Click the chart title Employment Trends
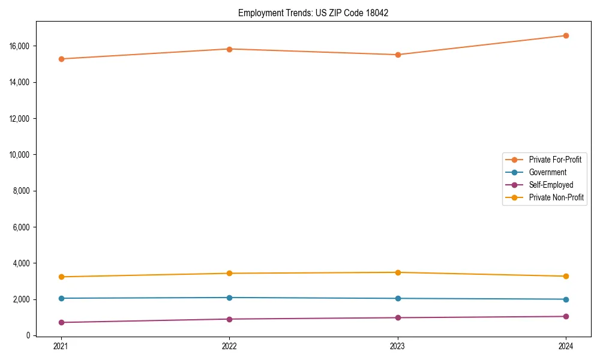(313, 13)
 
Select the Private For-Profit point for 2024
(566, 35)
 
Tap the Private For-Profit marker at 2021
(61, 59)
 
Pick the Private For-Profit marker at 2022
(229, 49)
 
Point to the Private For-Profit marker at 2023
(398, 55)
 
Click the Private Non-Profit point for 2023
(398, 272)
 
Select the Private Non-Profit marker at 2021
(61, 277)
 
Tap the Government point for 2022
(229, 298)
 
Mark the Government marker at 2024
(566, 299)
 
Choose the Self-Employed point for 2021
(61, 322)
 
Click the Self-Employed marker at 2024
(566, 316)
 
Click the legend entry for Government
(547, 172)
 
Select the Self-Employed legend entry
(551, 185)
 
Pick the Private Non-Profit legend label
(556, 197)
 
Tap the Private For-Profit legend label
(555, 160)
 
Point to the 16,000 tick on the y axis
(20, 46)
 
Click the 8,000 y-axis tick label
(22, 191)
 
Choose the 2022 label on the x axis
(229, 346)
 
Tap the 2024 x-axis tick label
(566, 346)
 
